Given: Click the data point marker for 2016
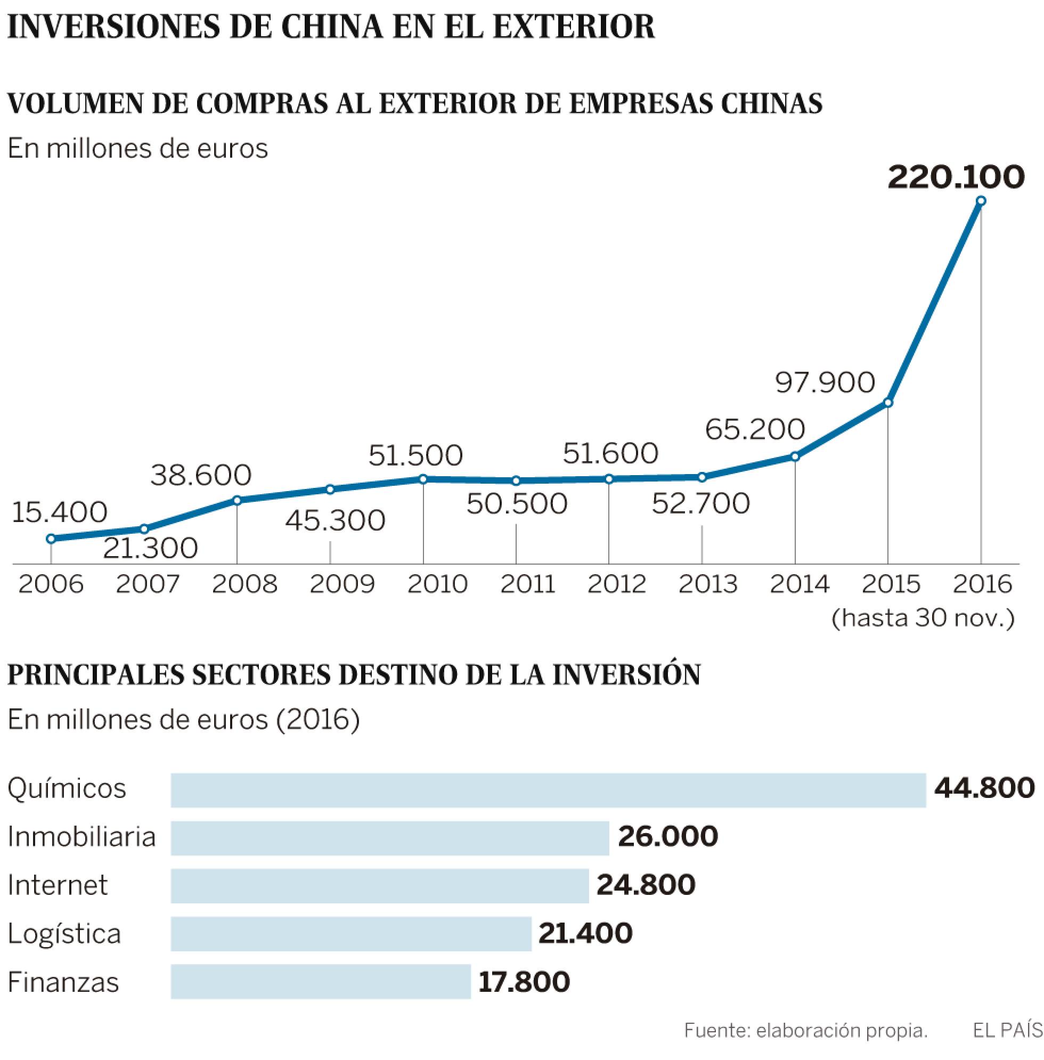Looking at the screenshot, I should [981, 201].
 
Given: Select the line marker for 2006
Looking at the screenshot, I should [51, 539].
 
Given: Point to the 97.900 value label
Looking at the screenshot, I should [824, 382].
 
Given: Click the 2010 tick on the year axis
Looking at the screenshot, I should [437, 584].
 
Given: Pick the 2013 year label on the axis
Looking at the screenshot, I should [708, 584].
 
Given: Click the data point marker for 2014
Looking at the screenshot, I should [795, 456].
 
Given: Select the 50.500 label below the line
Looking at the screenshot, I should [517, 503].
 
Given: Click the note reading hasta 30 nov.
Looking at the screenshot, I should [923, 618].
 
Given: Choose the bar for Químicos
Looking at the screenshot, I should [548, 790].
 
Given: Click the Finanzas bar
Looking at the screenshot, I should [320, 982].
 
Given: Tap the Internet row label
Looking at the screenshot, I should [58, 885].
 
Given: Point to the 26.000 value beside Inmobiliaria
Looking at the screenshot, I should [667, 836].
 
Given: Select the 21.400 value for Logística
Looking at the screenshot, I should [584, 933].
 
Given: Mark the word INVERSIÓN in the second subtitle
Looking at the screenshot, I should [626, 675].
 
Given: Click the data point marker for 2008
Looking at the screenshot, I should [237, 500].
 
